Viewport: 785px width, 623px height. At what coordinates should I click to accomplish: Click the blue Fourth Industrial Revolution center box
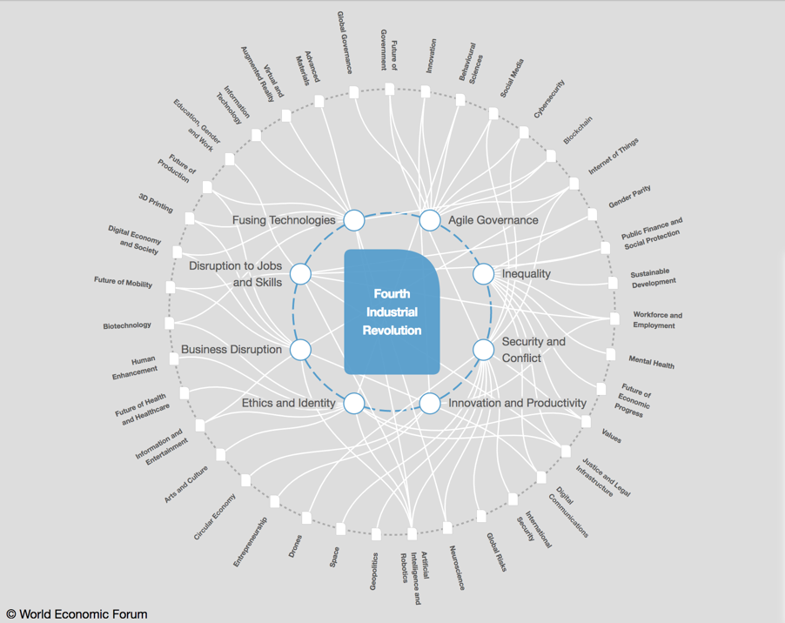pyautogui.click(x=392, y=311)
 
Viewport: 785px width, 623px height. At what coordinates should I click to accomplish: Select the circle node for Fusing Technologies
pyautogui.click(x=354, y=219)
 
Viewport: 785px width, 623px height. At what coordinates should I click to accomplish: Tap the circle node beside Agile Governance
pyautogui.click(x=430, y=219)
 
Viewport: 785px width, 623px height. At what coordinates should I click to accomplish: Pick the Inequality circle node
pyautogui.click(x=483, y=273)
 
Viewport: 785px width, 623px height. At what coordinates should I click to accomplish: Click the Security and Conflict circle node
pyautogui.click(x=483, y=349)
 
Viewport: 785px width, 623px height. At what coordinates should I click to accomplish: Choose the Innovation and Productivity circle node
pyautogui.click(x=430, y=403)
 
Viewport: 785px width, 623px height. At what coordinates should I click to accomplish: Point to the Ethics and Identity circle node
pyautogui.click(x=354, y=403)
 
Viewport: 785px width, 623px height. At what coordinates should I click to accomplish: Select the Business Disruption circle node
pyautogui.click(x=300, y=349)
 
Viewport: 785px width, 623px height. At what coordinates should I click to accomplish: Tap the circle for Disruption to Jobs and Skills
pyautogui.click(x=300, y=273)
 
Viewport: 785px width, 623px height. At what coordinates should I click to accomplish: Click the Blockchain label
pyautogui.click(x=578, y=131)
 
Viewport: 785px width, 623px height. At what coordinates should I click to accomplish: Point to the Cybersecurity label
pyautogui.click(x=549, y=98)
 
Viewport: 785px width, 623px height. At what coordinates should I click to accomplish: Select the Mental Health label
pyautogui.click(x=652, y=361)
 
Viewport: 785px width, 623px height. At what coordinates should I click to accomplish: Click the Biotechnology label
pyautogui.click(x=127, y=325)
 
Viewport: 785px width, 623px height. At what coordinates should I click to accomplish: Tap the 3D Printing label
pyautogui.click(x=156, y=203)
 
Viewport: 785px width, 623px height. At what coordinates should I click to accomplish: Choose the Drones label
pyautogui.click(x=295, y=546)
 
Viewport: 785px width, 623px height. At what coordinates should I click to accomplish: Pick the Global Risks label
pyautogui.click(x=496, y=552)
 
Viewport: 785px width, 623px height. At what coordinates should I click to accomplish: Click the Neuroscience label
pyautogui.click(x=457, y=567)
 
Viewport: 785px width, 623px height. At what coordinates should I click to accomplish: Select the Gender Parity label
pyautogui.click(x=629, y=196)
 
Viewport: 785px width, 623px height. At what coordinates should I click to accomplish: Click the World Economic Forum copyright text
pyautogui.click(x=77, y=613)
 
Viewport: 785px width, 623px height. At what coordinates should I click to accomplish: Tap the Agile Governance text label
pyautogui.click(x=493, y=220)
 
